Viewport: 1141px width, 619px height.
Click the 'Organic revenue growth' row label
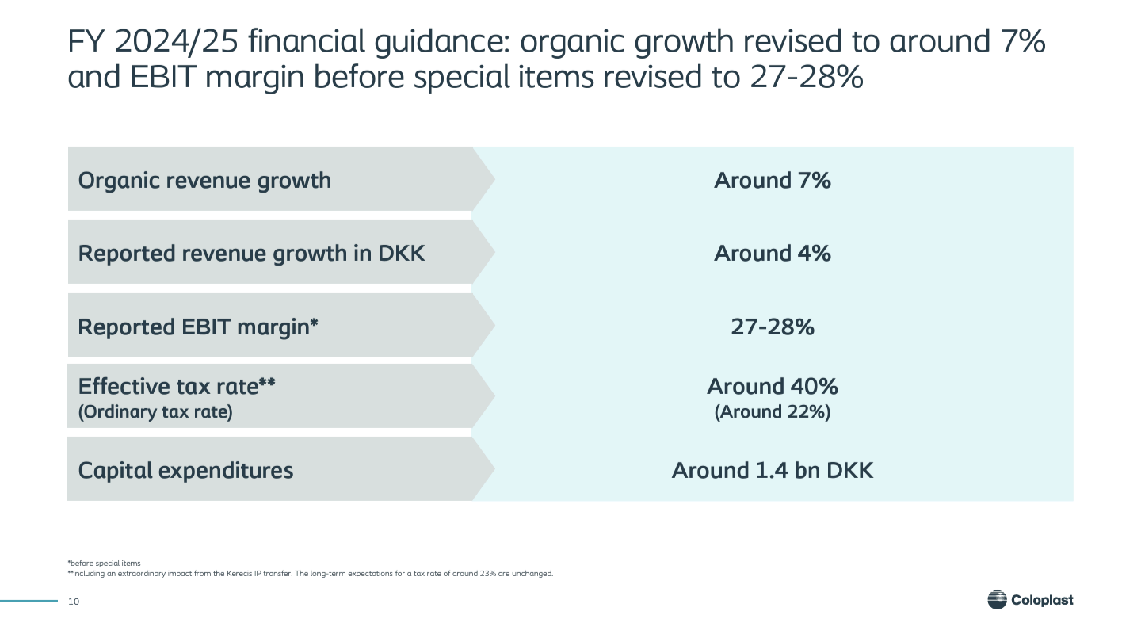coord(204,181)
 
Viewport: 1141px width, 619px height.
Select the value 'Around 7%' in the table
coord(773,181)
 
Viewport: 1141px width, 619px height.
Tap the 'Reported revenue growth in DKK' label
coord(251,254)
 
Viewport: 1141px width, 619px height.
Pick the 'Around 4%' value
coord(773,253)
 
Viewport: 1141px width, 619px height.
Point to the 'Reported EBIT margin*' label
coord(197,327)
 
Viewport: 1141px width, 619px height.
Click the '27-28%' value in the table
coord(773,327)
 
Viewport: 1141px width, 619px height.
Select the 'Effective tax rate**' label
coord(176,386)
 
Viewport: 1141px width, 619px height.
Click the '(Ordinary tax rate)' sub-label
coord(155,411)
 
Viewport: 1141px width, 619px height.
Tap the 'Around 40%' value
coord(773,386)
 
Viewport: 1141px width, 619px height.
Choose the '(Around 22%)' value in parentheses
coord(773,411)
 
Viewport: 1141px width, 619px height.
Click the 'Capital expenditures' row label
coord(185,470)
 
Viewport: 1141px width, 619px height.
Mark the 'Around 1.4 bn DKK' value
coord(773,470)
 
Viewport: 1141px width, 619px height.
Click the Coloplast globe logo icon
coord(997,600)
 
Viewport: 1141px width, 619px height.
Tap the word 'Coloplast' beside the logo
coord(1042,600)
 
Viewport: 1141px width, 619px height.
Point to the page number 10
coord(74,602)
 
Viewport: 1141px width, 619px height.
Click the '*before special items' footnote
coord(104,563)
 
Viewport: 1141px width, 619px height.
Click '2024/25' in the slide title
coord(176,41)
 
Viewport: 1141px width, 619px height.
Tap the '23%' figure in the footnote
coord(488,574)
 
